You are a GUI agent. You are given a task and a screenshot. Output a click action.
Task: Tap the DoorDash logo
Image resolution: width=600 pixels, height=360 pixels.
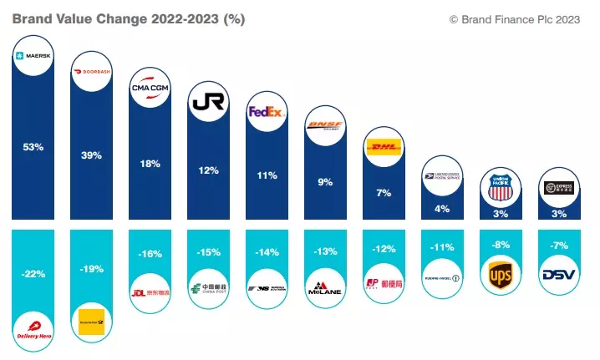(x=91, y=73)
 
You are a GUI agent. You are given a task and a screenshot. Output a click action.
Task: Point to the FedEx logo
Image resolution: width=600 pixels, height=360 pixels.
(x=267, y=113)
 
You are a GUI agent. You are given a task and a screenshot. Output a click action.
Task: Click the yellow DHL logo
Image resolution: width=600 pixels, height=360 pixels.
(x=384, y=148)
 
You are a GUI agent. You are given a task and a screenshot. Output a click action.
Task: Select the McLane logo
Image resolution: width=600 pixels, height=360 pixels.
(x=325, y=285)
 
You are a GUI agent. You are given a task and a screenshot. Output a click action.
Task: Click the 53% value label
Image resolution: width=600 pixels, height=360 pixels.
(x=33, y=147)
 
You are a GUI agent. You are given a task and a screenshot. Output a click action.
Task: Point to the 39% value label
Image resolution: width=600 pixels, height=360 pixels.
(x=91, y=155)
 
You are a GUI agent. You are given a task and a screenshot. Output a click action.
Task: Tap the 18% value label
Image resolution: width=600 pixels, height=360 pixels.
(x=150, y=164)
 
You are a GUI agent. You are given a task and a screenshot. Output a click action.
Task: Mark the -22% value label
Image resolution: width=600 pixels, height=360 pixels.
(x=33, y=273)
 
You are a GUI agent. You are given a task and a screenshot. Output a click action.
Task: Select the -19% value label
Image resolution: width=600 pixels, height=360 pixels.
(x=91, y=269)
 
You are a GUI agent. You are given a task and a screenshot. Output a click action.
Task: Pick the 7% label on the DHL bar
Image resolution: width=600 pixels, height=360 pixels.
(x=384, y=193)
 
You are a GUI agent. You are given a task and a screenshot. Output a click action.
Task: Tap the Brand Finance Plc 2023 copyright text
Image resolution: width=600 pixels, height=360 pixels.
(x=514, y=18)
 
